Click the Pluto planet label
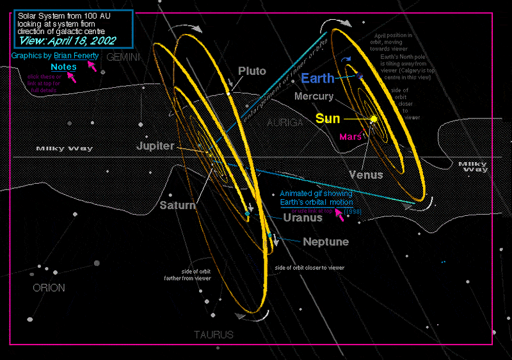pyautogui.click(x=252, y=71)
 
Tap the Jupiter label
pyautogui.click(x=156, y=146)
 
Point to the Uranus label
pyautogui.click(x=303, y=218)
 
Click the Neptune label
pyautogui.click(x=326, y=242)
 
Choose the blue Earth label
pyautogui.click(x=317, y=78)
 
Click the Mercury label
pyautogui.click(x=314, y=97)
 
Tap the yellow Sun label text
pyautogui.click(x=328, y=119)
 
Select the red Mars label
pyautogui.click(x=351, y=136)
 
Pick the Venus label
pyautogui.click(x=366, y=174)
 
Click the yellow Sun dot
pyautogui.click(x=374, y=119)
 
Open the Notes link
pyautogui.click(x=64, y=67)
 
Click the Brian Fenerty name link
pyautogui.click(x=76, y=56)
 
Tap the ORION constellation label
pyautogui.click(x=49, y=288)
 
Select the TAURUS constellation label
pyautogui.click(x=214, y=335)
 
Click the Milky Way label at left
pyautogui.click(x=64, y=149)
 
